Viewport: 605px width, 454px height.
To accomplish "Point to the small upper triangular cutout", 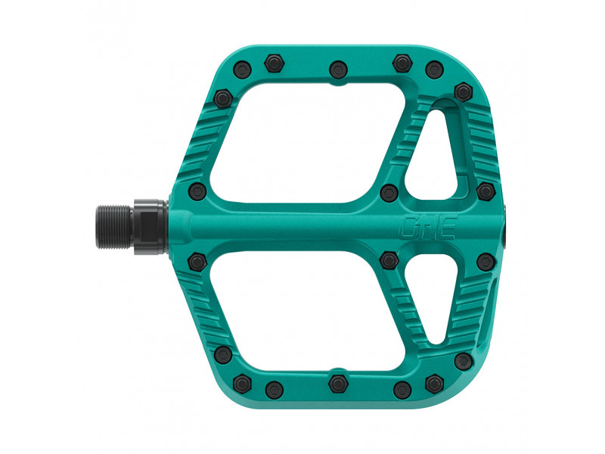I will pos(435,151).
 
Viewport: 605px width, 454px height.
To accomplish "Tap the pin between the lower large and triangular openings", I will pos(389,260).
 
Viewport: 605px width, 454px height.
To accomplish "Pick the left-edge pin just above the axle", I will pos(196,189).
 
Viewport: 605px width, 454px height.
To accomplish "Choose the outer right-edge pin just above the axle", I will pos(484,188).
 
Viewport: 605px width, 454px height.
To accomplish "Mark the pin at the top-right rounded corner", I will pos(462,92).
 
